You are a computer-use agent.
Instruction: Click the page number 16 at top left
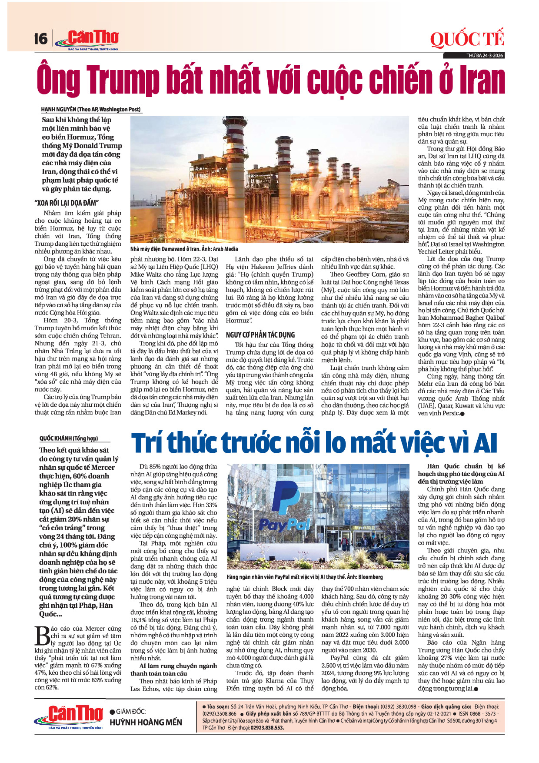[x=40, y=39]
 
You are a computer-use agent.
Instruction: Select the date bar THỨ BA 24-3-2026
[x=484, y=56]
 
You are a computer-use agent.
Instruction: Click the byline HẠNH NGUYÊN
[x=59, y=109]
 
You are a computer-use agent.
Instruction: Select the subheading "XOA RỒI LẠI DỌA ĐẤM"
[x=67, y=203]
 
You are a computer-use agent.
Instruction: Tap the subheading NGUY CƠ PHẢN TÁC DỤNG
[x=260, y=335]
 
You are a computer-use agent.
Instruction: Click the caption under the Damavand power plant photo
[x=184, y=249]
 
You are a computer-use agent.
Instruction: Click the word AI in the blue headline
[x=485, y=443]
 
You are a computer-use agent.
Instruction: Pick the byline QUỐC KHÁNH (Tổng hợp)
[x=69, y=438]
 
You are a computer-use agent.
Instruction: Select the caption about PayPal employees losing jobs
[x=304, y=577]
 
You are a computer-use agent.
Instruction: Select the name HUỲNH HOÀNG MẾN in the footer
[x=146, y=722]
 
